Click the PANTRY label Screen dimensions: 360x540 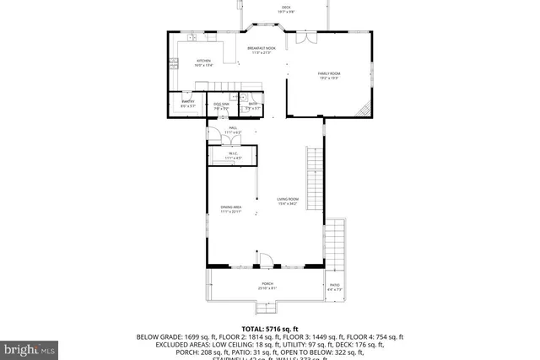187,104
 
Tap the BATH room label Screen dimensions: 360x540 252,105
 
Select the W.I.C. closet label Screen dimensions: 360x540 233,154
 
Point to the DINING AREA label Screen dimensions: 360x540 231,209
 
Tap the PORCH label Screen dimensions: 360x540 267,285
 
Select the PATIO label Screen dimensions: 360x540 335,287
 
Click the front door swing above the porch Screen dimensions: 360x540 264,261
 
